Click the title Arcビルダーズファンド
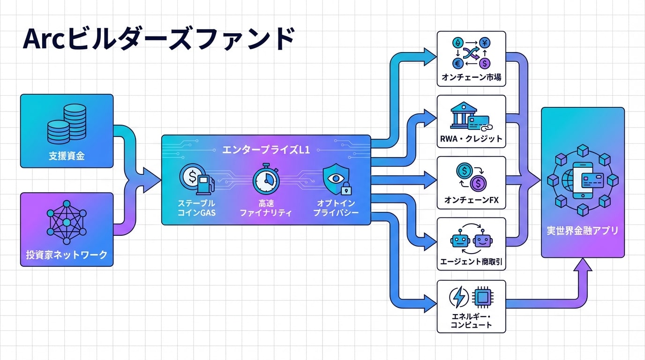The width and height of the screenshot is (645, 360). click(158, 39)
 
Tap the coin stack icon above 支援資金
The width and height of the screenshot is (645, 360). click(67, 123)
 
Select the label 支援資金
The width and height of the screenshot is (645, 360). click(67, 156)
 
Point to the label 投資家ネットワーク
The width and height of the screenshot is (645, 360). click(67, 255)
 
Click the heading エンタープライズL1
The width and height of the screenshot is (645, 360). click(266, 151)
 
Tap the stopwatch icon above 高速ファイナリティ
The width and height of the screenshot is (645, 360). click(266, 180)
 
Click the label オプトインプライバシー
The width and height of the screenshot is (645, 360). click(335, 208)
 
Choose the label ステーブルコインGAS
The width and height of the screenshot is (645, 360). click(196, 208)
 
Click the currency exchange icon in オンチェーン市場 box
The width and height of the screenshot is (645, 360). click(471, 52)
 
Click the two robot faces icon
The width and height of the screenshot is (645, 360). click(471, 240)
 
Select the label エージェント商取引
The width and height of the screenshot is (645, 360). click(471, 262)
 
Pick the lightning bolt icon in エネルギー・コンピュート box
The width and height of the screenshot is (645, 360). click(458, 297)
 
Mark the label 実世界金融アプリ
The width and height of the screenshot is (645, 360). click(583, 231)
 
